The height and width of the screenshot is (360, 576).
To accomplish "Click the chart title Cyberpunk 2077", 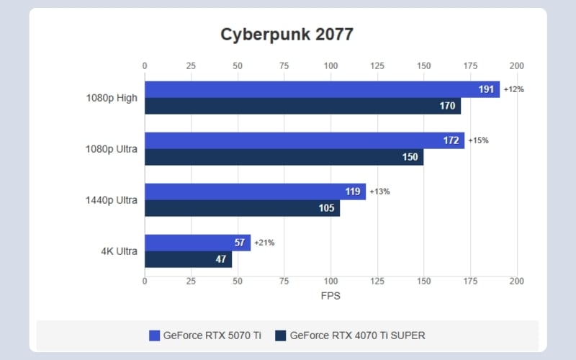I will [x=287, y=35].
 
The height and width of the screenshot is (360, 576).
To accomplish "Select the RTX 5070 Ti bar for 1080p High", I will [x=322, y=89].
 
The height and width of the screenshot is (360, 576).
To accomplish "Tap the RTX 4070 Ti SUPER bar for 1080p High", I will [x=302, y=106].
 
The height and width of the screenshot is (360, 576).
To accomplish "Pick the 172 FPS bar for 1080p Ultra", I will [x=305, y=140].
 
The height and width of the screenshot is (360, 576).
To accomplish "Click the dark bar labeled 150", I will [x=284, y=157].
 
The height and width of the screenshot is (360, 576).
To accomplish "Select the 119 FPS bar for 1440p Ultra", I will [x=255, y=192].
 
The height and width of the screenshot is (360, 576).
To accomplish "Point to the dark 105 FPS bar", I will [x=242, y=208].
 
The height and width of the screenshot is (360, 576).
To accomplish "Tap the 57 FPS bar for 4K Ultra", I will [x=197, y=243].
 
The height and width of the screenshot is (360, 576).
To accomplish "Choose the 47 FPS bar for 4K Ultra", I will [x=188, y=259].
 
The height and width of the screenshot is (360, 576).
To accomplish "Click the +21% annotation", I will [x=264, y=243].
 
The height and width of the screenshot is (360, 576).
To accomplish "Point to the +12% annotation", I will [x=514, y=89].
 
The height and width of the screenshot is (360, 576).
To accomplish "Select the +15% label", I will [x=478, y=140].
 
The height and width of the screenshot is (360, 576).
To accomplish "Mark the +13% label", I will [x=379, y=192].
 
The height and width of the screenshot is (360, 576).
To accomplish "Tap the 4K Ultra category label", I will [x=118, y=251].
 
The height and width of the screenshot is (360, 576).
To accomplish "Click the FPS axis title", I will [x=330, y=296].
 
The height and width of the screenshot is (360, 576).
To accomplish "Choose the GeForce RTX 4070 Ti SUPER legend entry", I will [x=354, y=336].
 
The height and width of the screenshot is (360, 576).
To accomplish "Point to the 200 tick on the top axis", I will [x=516, y=66].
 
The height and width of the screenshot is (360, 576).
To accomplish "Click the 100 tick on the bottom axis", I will [x=330, y=281].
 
